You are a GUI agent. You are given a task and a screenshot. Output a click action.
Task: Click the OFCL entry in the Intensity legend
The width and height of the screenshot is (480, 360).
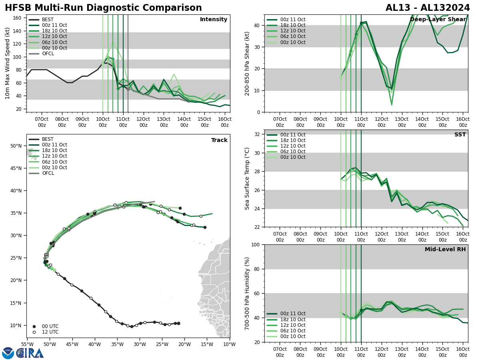[x=48, y=54]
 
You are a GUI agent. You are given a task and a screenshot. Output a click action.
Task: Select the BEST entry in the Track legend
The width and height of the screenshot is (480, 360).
[x=48, y=139]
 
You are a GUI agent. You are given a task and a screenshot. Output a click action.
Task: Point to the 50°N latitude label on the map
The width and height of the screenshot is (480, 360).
[x=16, y=146]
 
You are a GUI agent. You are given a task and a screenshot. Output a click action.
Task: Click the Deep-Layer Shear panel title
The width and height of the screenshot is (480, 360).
[x=438, y=20]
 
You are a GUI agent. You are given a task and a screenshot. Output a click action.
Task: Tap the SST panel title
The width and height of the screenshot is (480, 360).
[x=460, y=135]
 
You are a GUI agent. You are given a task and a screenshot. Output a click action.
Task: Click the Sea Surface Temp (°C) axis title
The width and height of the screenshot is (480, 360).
[x=247, y=178]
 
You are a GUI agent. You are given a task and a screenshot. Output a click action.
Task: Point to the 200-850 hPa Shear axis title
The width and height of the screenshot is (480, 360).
[x=247, y=63]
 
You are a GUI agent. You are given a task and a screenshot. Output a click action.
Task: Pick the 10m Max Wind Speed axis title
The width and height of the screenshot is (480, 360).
[x=8, y=63]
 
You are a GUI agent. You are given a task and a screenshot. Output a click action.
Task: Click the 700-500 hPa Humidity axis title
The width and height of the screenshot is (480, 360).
[x=247, y=293]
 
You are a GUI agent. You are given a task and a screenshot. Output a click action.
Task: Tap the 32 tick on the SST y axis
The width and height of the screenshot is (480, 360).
[x=258, y=134]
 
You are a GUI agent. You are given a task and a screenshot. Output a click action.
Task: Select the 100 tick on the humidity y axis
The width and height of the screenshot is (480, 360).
[x=256, y=244]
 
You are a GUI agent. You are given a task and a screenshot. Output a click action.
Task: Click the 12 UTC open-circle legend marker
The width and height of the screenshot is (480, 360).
[x=34, y=332]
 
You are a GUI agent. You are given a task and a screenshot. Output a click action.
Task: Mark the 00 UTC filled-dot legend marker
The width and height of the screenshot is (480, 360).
[x=34, y=326]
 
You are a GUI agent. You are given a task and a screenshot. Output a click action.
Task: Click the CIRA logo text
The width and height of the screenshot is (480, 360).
[x=30, y=353]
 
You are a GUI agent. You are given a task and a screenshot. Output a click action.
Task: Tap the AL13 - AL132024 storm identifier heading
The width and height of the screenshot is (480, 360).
[x=428, y=8]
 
